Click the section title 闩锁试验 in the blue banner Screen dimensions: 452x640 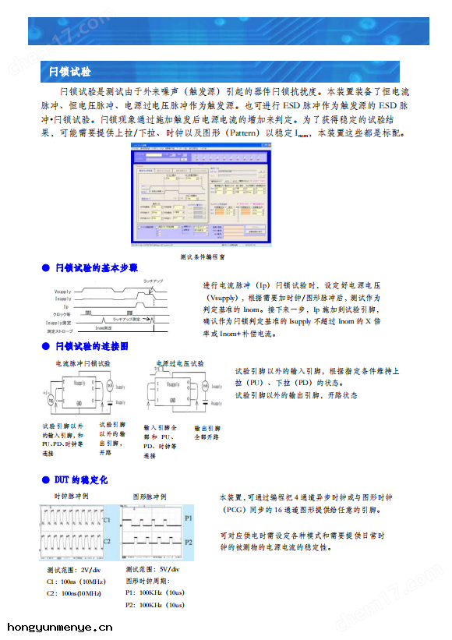point(69,72)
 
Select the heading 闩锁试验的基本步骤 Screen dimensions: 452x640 point(96,267)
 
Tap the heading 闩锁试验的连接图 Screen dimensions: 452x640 point(91,346)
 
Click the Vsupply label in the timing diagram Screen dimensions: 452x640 point(62,291)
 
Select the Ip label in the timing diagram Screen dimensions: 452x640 point(66,306)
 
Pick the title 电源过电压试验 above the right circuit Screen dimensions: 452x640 point(181,363)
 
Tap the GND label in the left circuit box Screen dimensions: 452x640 point(79,409)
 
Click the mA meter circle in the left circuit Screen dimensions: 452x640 point(110,386)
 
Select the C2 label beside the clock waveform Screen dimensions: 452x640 point(107,540)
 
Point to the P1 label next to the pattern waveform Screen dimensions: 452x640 point(188,517)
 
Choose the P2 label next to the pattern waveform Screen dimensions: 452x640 point(188,541)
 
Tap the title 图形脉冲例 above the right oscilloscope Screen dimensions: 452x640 point(150,497)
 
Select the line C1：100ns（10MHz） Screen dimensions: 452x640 point(76,582)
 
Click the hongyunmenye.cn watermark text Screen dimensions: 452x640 point(60,627)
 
